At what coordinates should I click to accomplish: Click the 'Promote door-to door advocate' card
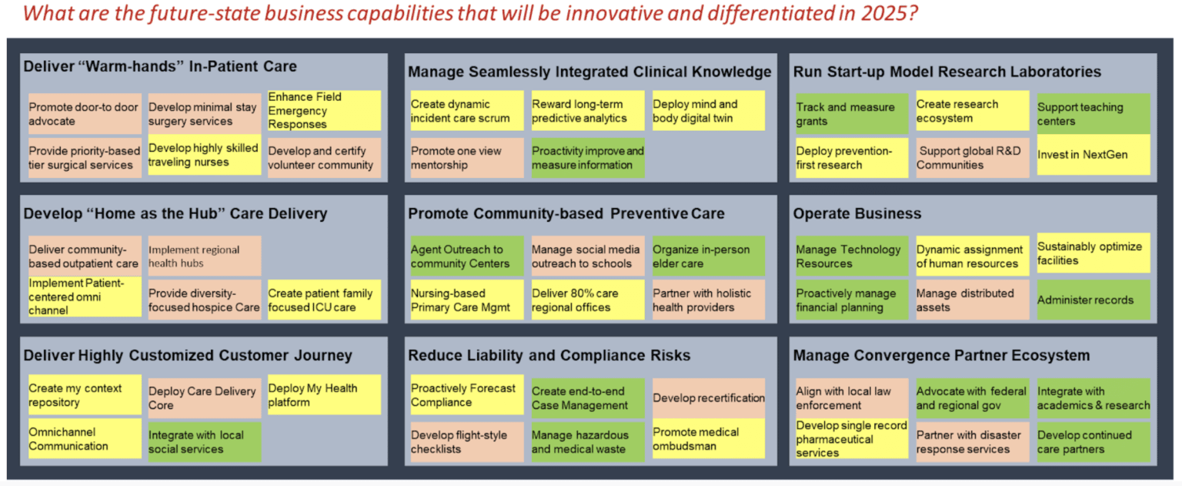(84, 114)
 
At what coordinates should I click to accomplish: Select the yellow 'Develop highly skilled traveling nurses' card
(204, 155)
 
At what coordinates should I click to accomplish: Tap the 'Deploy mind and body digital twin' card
(708, 111)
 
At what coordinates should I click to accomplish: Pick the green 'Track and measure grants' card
(851, 114)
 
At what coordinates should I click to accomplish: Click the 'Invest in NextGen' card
(1093, 155)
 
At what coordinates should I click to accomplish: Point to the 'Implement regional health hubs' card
(204, 256)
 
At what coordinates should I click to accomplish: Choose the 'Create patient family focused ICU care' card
(324, 300)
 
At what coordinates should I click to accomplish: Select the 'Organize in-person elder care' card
(708, 256)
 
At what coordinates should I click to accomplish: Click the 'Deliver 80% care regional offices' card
(587, 300)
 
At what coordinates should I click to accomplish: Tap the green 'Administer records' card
(1093, 300)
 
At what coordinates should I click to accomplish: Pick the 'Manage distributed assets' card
(972, 300)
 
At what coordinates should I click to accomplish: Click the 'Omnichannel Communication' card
(84, 439)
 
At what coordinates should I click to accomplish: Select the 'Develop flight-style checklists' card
(466, 442)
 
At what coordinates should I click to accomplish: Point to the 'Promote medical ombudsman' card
(708, 439)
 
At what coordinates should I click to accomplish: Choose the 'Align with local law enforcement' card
(851, 398)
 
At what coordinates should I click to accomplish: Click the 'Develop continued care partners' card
(1093, 442)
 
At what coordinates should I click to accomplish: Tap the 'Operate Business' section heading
(856, 213)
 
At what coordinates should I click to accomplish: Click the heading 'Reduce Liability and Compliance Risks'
(549, 355)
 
